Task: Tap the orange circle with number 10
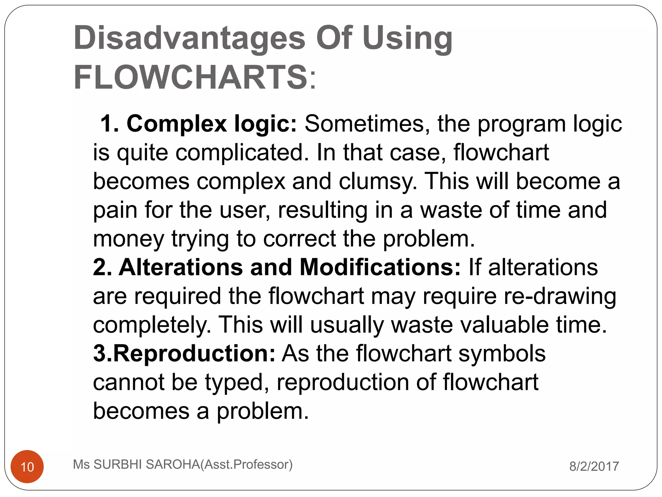pos(27,467)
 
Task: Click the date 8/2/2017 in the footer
pos(594,466)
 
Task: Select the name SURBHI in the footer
pos(118,464)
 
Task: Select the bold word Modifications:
pos(380,267)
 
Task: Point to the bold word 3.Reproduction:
pos(184,353)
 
